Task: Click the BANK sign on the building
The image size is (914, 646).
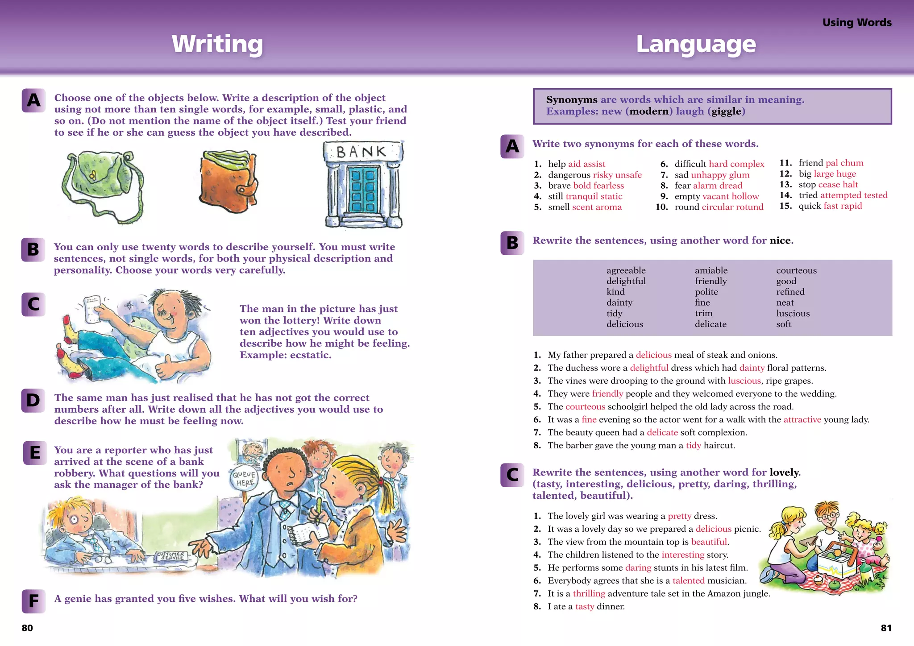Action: click(x=361, y=152)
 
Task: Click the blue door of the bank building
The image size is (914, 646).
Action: click(x=363, y=189)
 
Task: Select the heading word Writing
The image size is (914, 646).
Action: click(x=217, y=44)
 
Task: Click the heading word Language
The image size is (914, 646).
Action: click(x=696, y=44)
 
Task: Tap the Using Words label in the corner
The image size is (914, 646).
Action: click(x=856, y=22)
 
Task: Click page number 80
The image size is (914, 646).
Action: click(x=27, y=628)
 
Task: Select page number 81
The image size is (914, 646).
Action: click(x=886, y=628)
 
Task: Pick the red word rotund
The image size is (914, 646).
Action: click(x=751, y=207)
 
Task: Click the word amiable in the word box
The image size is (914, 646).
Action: click(x=711, y=270)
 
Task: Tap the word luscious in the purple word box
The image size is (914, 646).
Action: click(x=793, y=313)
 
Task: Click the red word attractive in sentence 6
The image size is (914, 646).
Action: click(x=802, y=419)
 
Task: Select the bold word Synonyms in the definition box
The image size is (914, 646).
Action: click(x=571, y=100)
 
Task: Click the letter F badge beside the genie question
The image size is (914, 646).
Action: click(x=33, y=601)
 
